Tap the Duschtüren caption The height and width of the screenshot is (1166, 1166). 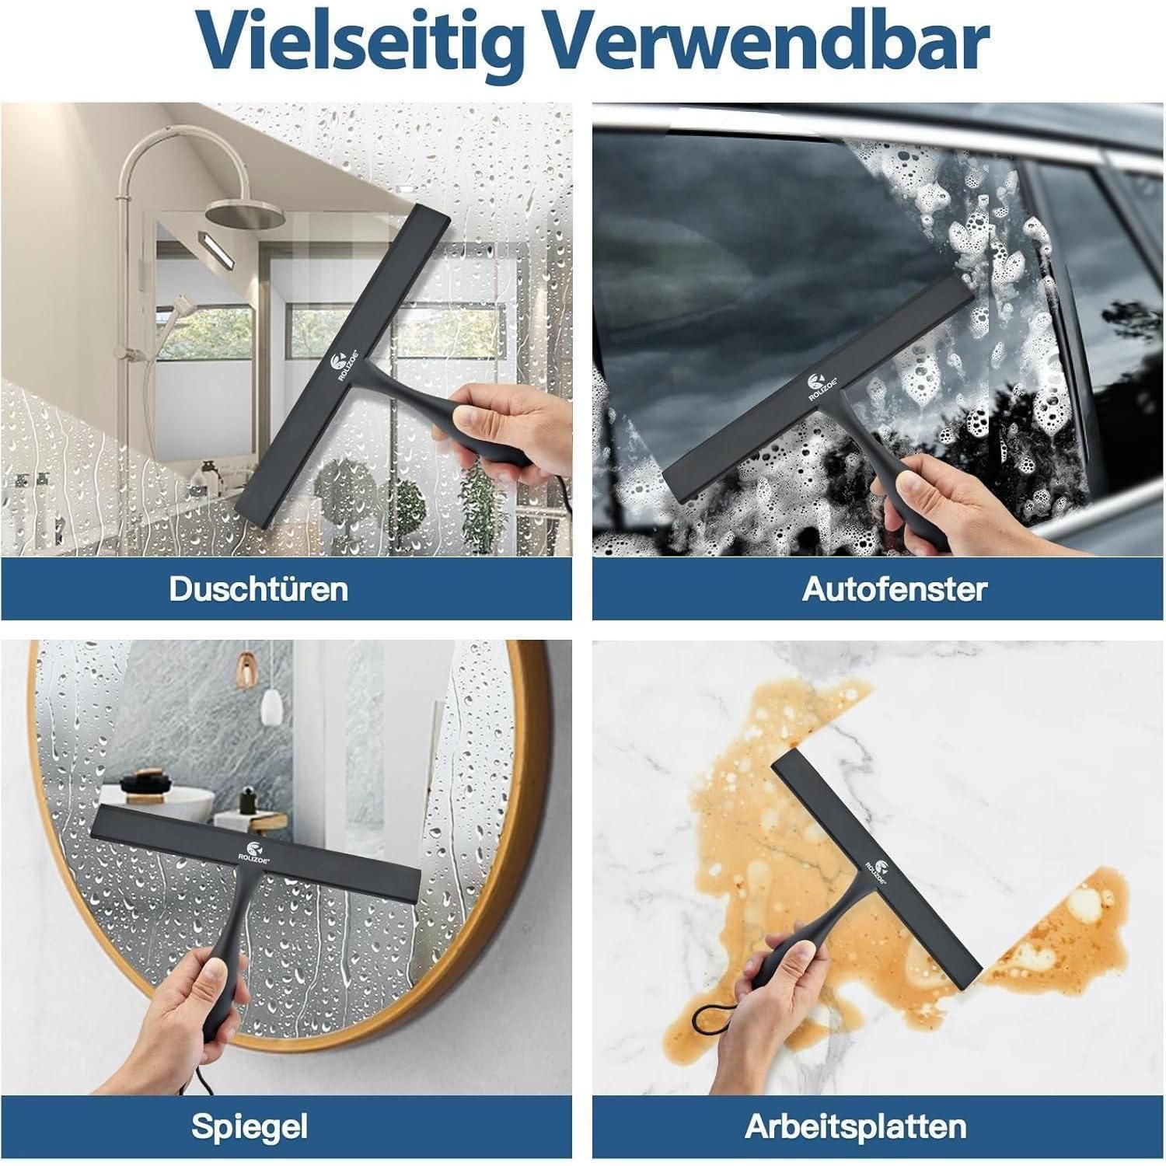(258, 589)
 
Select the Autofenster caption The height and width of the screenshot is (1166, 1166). (894, 589)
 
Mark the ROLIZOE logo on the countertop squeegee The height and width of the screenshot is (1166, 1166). (878, 874)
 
